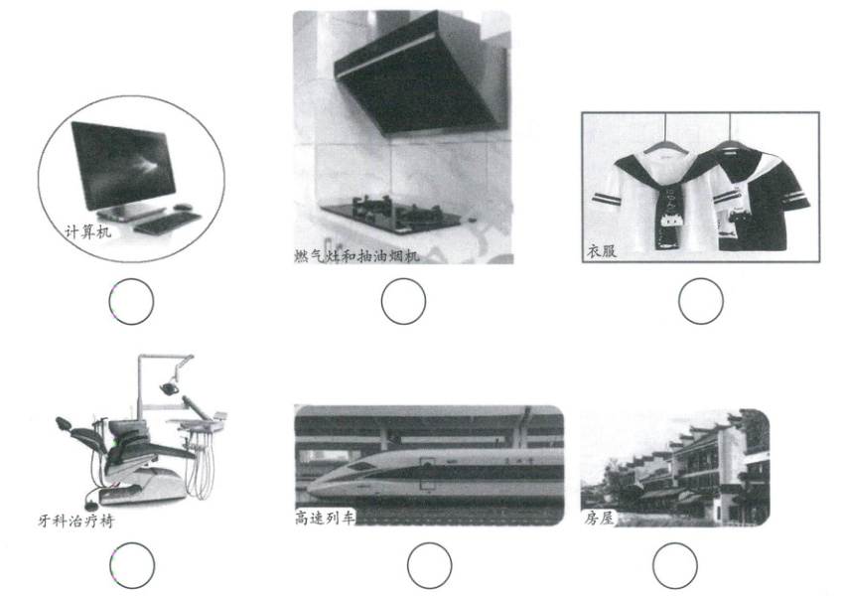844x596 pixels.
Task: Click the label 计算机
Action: coord(87,231)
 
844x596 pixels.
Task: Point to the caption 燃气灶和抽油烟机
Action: coord(356,255)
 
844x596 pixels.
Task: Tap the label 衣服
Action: coord(602,251)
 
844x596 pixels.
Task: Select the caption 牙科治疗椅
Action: coord(75,521)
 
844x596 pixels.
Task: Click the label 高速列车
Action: coord(325,518)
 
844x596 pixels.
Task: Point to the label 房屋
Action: coord(599,519)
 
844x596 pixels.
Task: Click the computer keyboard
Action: coord(168,222)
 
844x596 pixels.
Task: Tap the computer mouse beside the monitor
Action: coord(183,207)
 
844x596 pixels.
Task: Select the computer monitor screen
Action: coord(124,163)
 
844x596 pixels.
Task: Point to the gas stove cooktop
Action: coord(391,215)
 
